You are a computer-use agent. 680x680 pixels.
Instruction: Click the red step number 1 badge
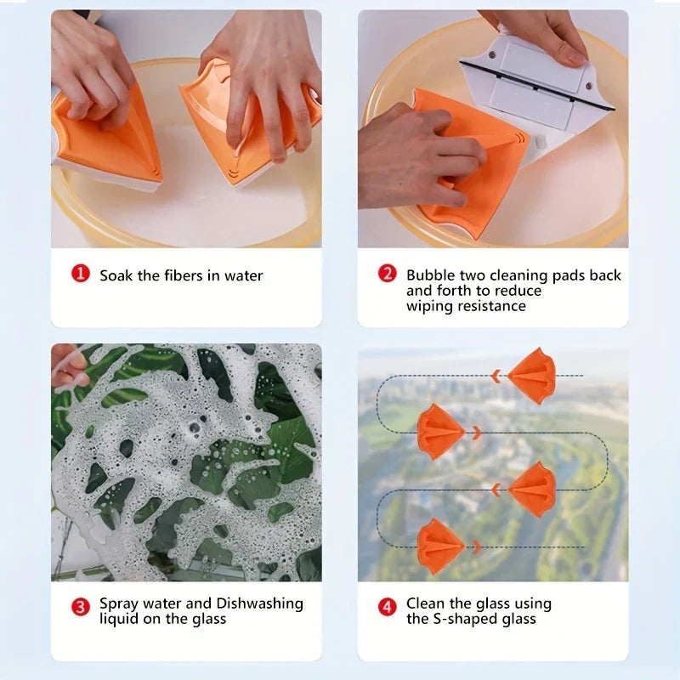click(x=80, y=275)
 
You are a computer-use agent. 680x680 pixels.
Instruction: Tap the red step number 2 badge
click(x=388, y=275)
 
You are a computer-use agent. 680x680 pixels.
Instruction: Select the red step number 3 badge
click(x=80, y=607)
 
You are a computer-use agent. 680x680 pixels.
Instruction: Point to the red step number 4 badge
click(x=388, y=607)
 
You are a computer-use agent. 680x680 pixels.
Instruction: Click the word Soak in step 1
click(x=116, y=275)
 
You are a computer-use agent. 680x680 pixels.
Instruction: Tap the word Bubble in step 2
click(x=431, y=275)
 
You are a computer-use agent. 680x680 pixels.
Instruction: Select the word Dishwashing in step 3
click(x=259, y=603)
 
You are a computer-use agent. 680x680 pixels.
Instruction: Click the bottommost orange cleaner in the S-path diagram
click(x=439, y=546)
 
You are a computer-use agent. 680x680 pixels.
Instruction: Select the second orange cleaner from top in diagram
click(x=440, y=432)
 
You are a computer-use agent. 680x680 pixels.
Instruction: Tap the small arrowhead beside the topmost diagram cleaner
click(x=496, y=376)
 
